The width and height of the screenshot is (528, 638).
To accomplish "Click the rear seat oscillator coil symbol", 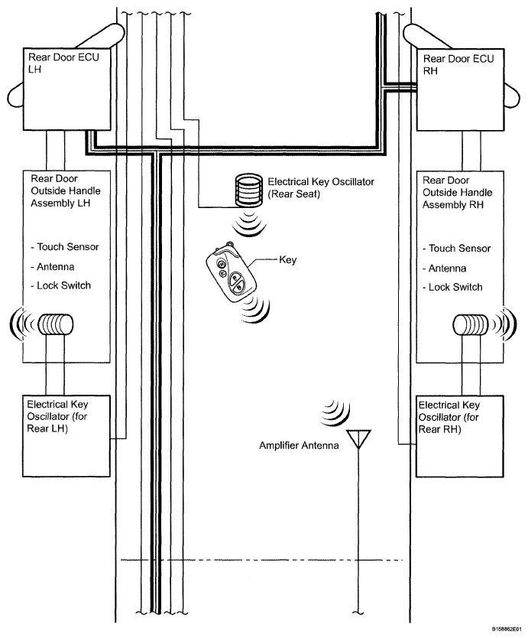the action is pos(248,189).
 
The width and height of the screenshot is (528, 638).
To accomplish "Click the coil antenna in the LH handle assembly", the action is pos(55,324).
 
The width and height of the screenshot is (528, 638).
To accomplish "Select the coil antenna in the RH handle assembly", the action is pos(470,325).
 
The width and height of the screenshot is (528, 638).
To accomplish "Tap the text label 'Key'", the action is pos(288,259).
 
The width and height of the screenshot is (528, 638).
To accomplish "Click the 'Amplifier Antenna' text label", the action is pos(299,445).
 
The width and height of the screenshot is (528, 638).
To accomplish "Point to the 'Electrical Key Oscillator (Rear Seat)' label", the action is pos(321,188).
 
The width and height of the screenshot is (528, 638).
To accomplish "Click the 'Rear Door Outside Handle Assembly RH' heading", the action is pos(457,193).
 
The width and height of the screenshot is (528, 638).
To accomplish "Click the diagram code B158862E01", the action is pos(508,629).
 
